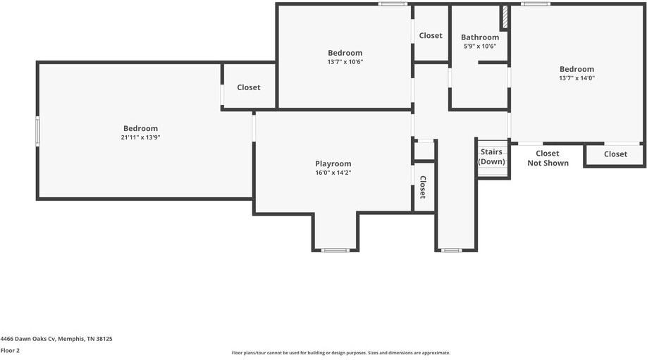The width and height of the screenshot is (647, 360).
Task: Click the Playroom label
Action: [x=333, y=163]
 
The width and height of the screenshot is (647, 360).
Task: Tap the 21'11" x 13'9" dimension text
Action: [x=140, y=137]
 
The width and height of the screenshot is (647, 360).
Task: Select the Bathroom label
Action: [x=480, y=37]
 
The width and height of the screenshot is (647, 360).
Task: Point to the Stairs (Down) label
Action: [x=491, y=156]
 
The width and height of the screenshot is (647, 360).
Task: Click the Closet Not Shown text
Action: [x=548, y=158]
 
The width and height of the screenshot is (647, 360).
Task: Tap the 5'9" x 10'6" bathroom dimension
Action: [x=480, y=46]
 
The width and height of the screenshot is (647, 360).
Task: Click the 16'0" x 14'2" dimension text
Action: [x=333, y=173]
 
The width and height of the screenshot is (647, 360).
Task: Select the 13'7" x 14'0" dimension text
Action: [x=577, y=78]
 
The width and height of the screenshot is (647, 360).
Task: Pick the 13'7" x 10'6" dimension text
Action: [x=345, y=62]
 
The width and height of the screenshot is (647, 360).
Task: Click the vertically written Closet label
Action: [x=423, y=187]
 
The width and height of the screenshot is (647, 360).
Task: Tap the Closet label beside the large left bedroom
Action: [x=248, y=87]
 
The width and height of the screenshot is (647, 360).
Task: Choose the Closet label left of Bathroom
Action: [x=431, y=35]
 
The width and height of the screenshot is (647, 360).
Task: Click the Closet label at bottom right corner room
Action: [x=615, y=154]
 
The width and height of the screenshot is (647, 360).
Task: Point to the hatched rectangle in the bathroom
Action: [x=505, y=18]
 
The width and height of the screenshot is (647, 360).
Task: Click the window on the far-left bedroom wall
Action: [x=38, y=130]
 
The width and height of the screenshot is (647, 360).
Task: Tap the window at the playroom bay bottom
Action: [x=335, y=250]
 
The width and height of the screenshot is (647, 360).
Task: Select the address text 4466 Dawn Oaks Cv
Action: [x=56, y=338]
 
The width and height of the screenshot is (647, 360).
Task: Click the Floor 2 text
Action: [x=10, y=350]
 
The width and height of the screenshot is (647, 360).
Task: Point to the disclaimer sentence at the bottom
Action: [x=340, y=353]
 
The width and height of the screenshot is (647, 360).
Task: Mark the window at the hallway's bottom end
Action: [x=451, y=250]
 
